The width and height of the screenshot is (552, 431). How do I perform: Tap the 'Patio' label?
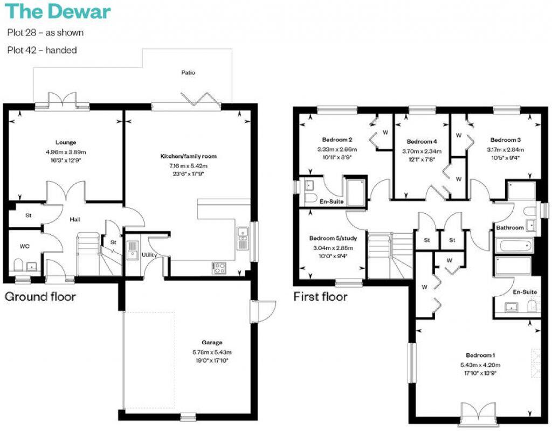coord(188,72)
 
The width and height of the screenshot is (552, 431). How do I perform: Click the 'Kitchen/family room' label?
coord(188,156)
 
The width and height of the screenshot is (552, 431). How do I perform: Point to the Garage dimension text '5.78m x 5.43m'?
coord(212,352)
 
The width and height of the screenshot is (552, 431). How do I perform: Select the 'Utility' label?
coord(148,254)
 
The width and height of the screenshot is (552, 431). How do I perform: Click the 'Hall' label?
coord(75,220)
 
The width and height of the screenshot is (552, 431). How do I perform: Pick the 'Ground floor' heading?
coord(40,296)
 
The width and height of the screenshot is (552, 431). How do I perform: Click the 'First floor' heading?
coord(320,296)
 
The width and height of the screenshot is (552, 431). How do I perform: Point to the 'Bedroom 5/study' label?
coord(331,239)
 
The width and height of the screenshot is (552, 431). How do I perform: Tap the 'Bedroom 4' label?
coord(421,142)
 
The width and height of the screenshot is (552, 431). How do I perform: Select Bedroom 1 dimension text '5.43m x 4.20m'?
coord(480,364)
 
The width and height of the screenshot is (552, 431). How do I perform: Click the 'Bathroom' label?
coord(509,228)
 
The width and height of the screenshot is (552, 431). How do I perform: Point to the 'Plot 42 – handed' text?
coord(42,50)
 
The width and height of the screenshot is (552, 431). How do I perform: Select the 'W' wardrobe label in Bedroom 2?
coord(385,131)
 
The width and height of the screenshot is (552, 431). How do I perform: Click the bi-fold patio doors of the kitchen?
coord(195,99)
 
